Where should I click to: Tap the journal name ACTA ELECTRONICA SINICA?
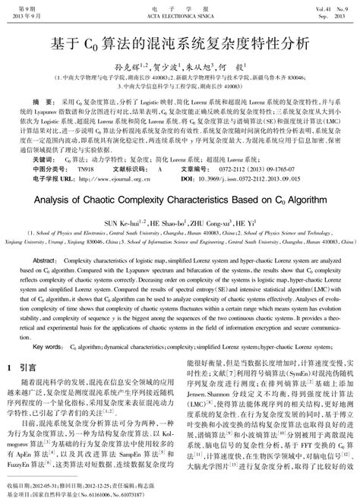click(x=179, y=15)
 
